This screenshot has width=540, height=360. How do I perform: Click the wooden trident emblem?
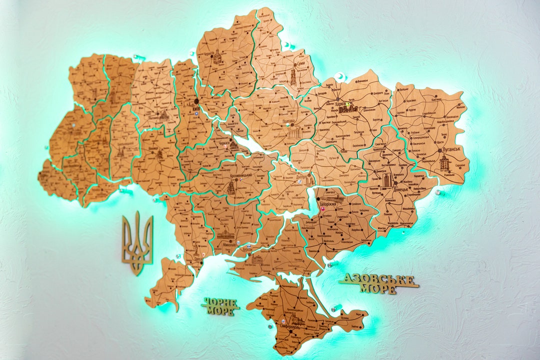pyautogui.click(x=137, y=243)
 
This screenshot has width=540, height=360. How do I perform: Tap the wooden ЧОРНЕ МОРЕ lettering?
pyautogui.click(x=220, y=305)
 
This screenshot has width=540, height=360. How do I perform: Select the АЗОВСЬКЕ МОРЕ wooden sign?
pyautogui.click(x=379, y=283)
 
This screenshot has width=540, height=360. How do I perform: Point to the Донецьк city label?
pyautogui.click(x=400, y=189)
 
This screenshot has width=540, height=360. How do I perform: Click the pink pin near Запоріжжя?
pyautogui.click(x=322, y=209)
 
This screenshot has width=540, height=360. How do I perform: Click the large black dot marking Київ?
pyautogui.click(x=196, y=101)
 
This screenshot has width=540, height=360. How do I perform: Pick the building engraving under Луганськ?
pyautogui.click(x=444, y=162)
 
